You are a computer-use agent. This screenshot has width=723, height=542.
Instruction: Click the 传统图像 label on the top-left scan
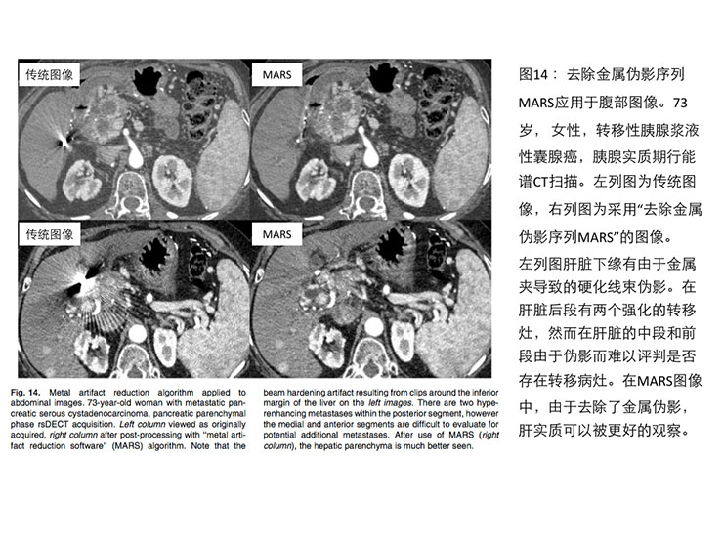54,75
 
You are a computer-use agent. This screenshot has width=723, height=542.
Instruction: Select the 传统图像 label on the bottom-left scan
54,234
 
